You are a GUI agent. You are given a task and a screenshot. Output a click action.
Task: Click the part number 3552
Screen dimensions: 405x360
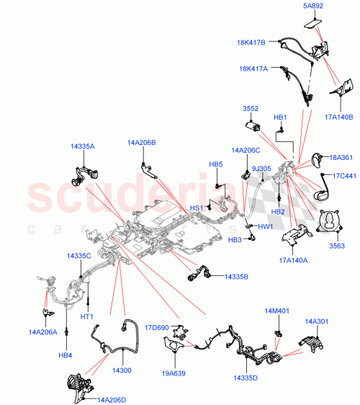250,109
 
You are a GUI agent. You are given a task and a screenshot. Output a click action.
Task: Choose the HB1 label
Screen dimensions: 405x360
280,117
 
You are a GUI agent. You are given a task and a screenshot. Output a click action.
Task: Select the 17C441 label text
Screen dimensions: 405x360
343,175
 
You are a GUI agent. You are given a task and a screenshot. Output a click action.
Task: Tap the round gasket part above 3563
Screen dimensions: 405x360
331,221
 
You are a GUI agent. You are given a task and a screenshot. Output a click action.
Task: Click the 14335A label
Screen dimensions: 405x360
80,146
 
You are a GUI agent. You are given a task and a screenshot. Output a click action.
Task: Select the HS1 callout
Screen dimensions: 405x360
196,208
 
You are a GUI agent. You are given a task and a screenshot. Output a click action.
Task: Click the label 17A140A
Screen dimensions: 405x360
294,262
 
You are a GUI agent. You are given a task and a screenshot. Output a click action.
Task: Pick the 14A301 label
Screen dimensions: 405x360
317,321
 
